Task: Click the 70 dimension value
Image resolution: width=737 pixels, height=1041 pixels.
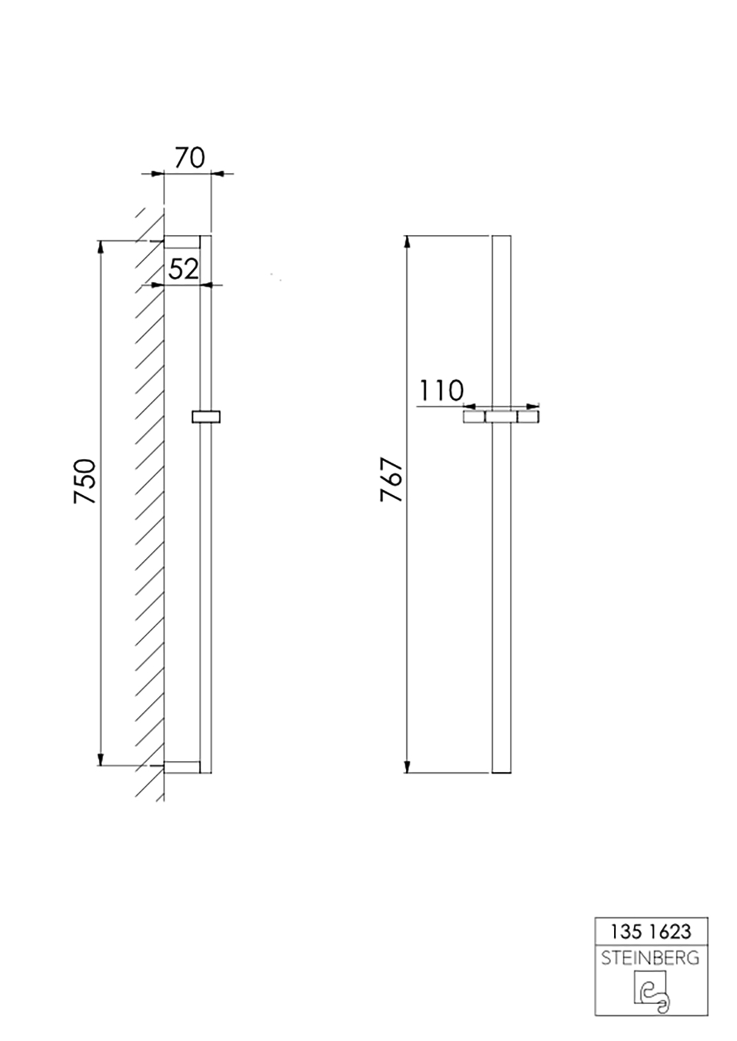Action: pos(189,158)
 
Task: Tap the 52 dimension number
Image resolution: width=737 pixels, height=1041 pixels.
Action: pos(184,269)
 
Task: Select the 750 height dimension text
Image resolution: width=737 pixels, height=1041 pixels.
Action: pos(85,481)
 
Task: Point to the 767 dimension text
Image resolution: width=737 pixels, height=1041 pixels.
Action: pos(391,480)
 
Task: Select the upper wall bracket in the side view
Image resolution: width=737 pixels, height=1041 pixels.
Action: pos(182,242)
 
